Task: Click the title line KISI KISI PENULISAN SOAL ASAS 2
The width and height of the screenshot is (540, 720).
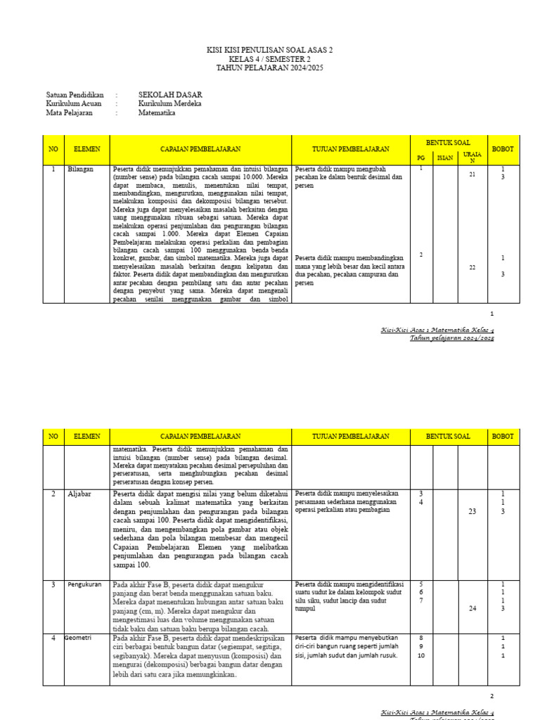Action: pyautogui.click(x=269, y=50)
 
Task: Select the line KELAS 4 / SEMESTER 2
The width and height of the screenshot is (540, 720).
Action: pyautogui.click(x=269, y=58)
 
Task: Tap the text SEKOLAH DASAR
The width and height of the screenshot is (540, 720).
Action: pyautogui.click(x=170, y=94)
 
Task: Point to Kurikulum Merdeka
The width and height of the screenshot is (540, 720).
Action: pyautogui.click(x=169, y=103)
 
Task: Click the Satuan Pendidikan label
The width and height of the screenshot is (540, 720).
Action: pyautogui.click(x=75, y=94)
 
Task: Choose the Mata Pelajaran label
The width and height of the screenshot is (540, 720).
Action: pyautogui.click(x=72, y=112)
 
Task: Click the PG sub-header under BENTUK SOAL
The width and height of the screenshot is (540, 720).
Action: pyautogui.click(x=421, y=158)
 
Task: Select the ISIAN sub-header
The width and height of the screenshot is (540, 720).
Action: pyautogui.click(x=445, y=158)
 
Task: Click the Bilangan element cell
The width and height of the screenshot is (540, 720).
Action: pyautogui.click(x=80, y=169)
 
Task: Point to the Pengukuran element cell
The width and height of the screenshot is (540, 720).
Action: pyautogui.click(x=85, y=584)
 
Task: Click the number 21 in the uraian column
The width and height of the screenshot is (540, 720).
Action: pyautogui.click(x=472, y=174)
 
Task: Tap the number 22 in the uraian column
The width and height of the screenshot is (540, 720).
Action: pyautogui.click(x=472, y=267)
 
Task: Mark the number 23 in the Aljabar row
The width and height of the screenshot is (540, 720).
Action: pyautogui.click(x=472, y=512)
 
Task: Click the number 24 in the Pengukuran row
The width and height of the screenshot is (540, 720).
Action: pyautogui.click(x=472, y=609)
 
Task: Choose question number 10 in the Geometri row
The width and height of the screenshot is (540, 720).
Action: pyautogui.click(x=422, y=656)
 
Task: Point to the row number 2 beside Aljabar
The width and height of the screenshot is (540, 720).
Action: pyautogui.click(x=53, y=494)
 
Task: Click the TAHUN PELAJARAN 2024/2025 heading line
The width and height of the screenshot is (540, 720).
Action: pyautogui.click(x=269, y=67)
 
